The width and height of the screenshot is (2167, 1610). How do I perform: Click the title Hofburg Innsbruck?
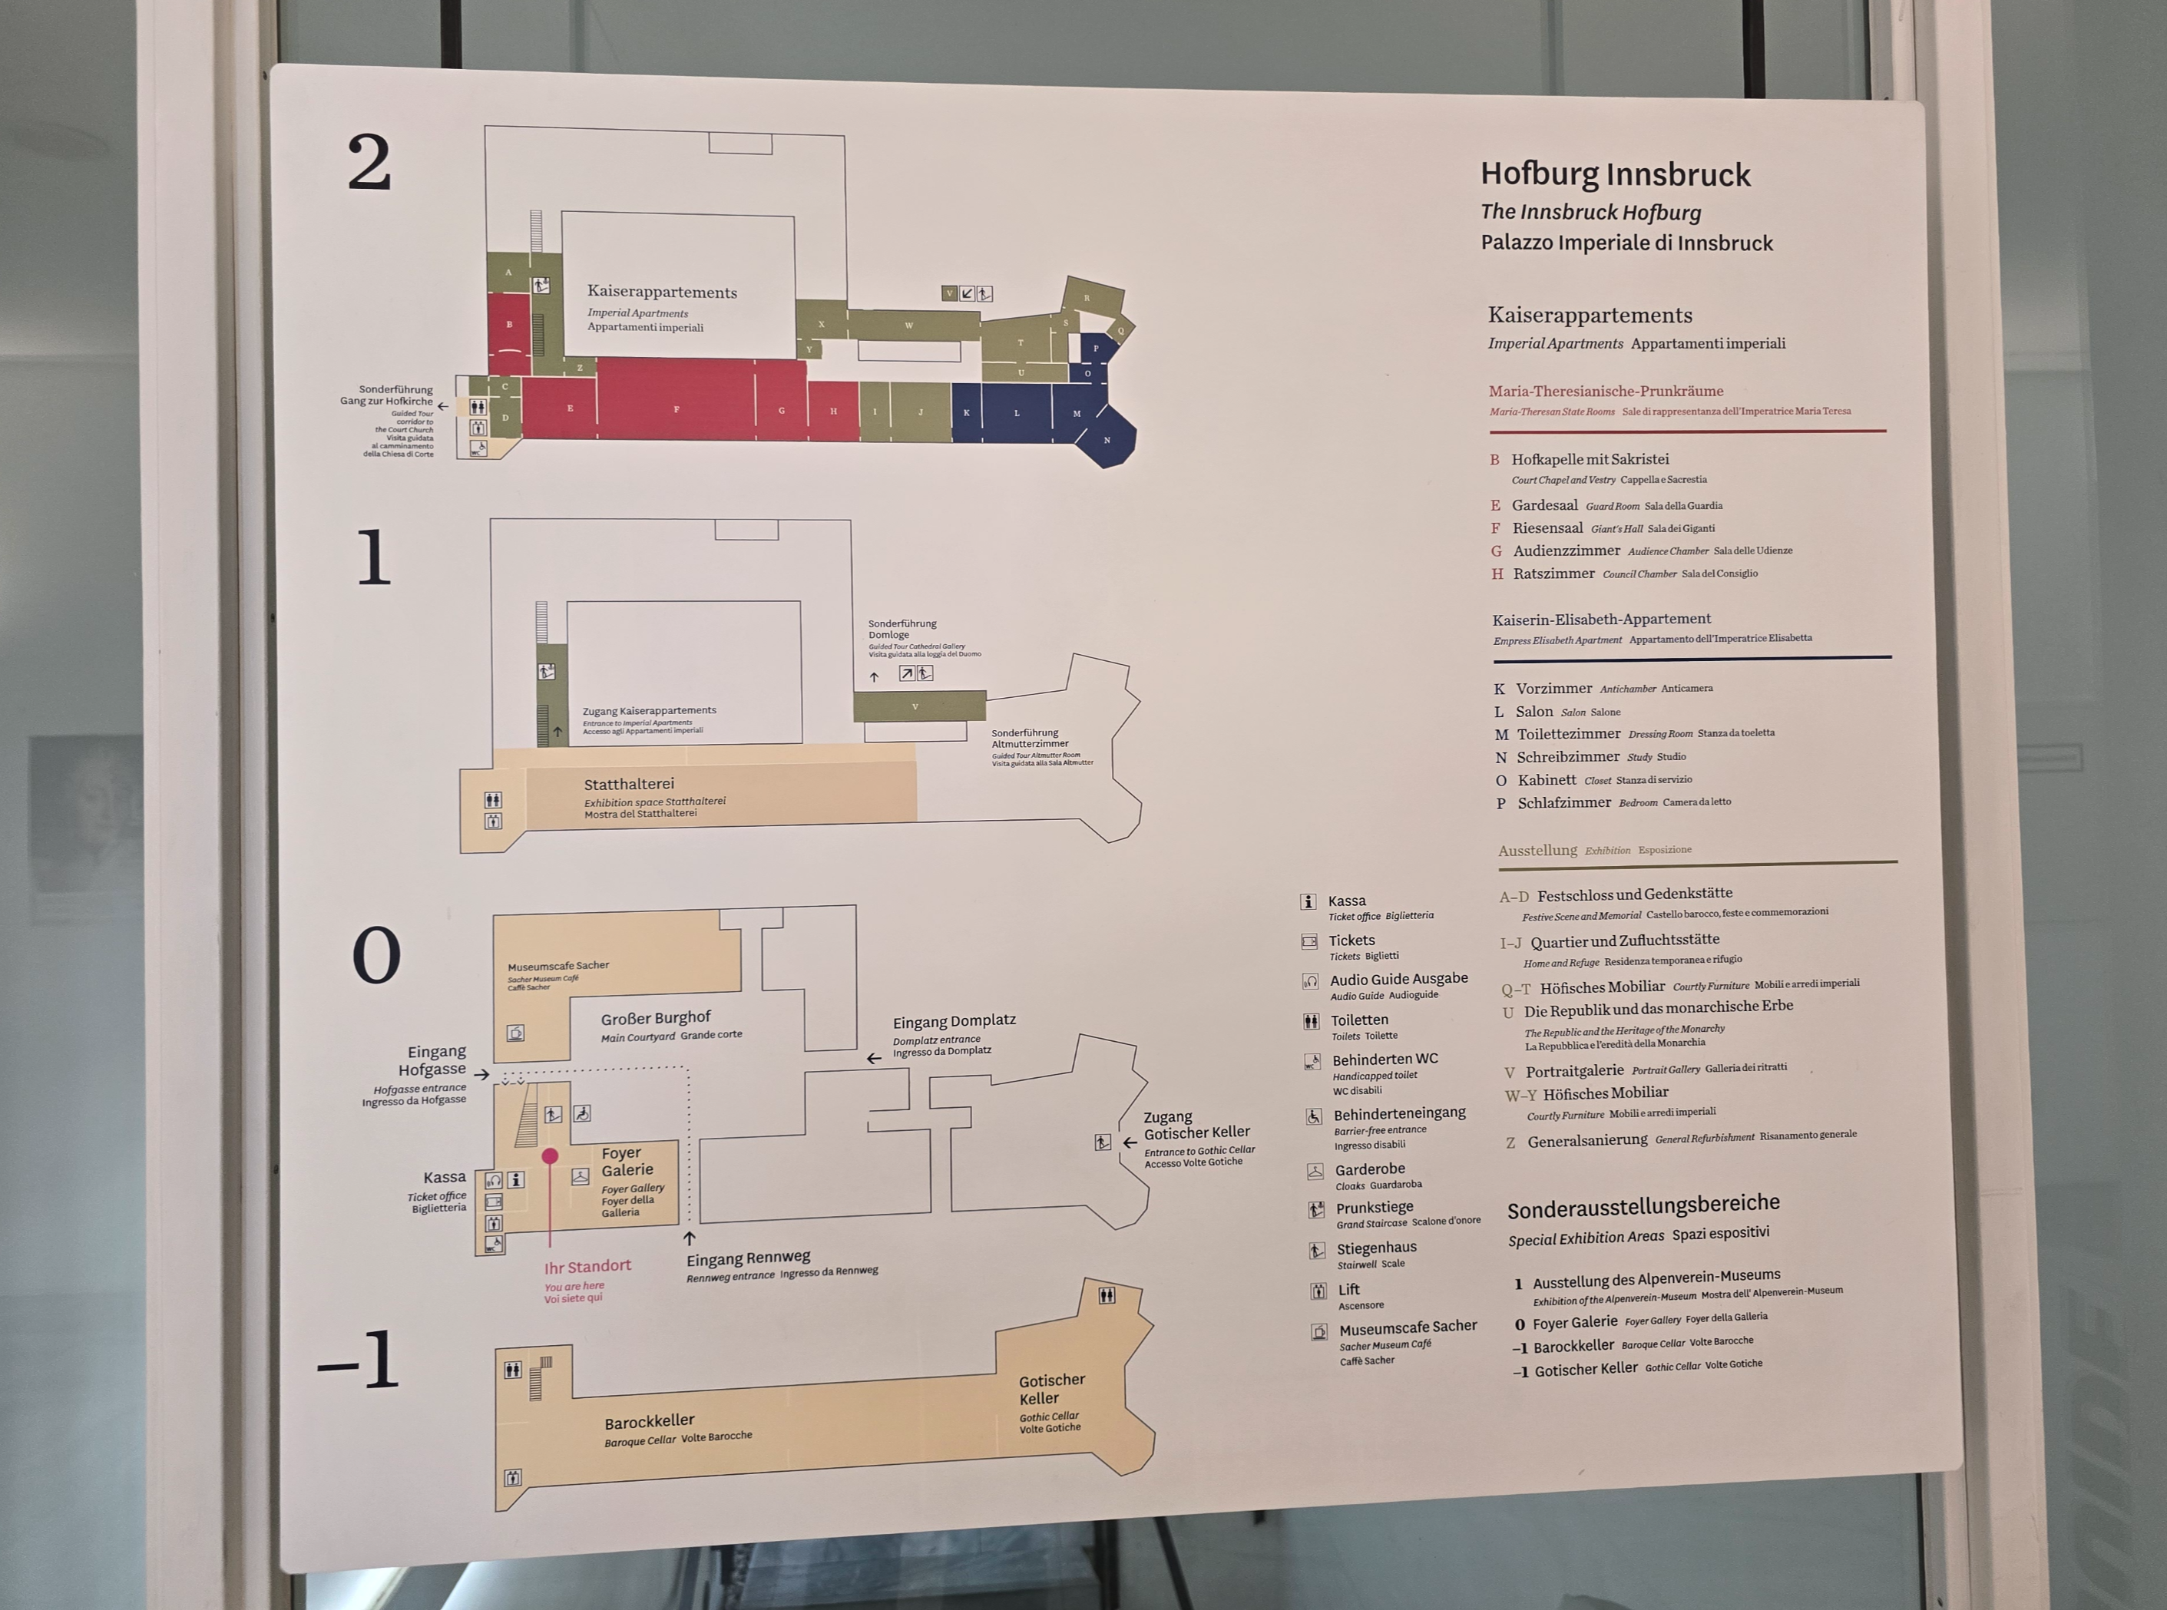[x=1614, y=174]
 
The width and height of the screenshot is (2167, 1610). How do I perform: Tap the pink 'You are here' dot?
[x=550, y=1155]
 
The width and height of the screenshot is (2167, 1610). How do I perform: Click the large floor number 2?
[x=369, y=163]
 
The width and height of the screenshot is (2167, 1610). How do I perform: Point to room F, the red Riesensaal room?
[x=676, y=408]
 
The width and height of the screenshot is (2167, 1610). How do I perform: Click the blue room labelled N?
[x=1107, y=441]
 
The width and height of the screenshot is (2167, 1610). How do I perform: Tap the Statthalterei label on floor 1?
[x=629, y=784]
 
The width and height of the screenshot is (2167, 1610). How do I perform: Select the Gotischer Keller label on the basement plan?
[x=1050, y=1389]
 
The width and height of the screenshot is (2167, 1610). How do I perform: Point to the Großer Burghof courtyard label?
[x=655, y=1017]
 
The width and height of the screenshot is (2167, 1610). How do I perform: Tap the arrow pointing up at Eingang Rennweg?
[x=690, y=1238]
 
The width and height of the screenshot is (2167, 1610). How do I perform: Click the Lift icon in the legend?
[x=1318, y=1291]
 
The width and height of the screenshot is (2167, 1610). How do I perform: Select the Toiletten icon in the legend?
[x=1311, y=1021]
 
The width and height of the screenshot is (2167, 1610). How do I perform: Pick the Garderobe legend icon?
[x=1314, y=1172]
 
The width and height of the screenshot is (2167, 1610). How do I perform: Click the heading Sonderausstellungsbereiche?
[x=1643, y=1206]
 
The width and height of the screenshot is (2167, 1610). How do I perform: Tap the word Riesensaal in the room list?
[x=1547, y=528]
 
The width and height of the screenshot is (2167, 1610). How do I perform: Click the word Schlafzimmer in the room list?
[x=1563, y=803]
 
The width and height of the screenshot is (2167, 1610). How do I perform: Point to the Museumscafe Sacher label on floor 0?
[x=557, y=966]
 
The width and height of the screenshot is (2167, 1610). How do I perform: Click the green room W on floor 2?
[x=908, y=325]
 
